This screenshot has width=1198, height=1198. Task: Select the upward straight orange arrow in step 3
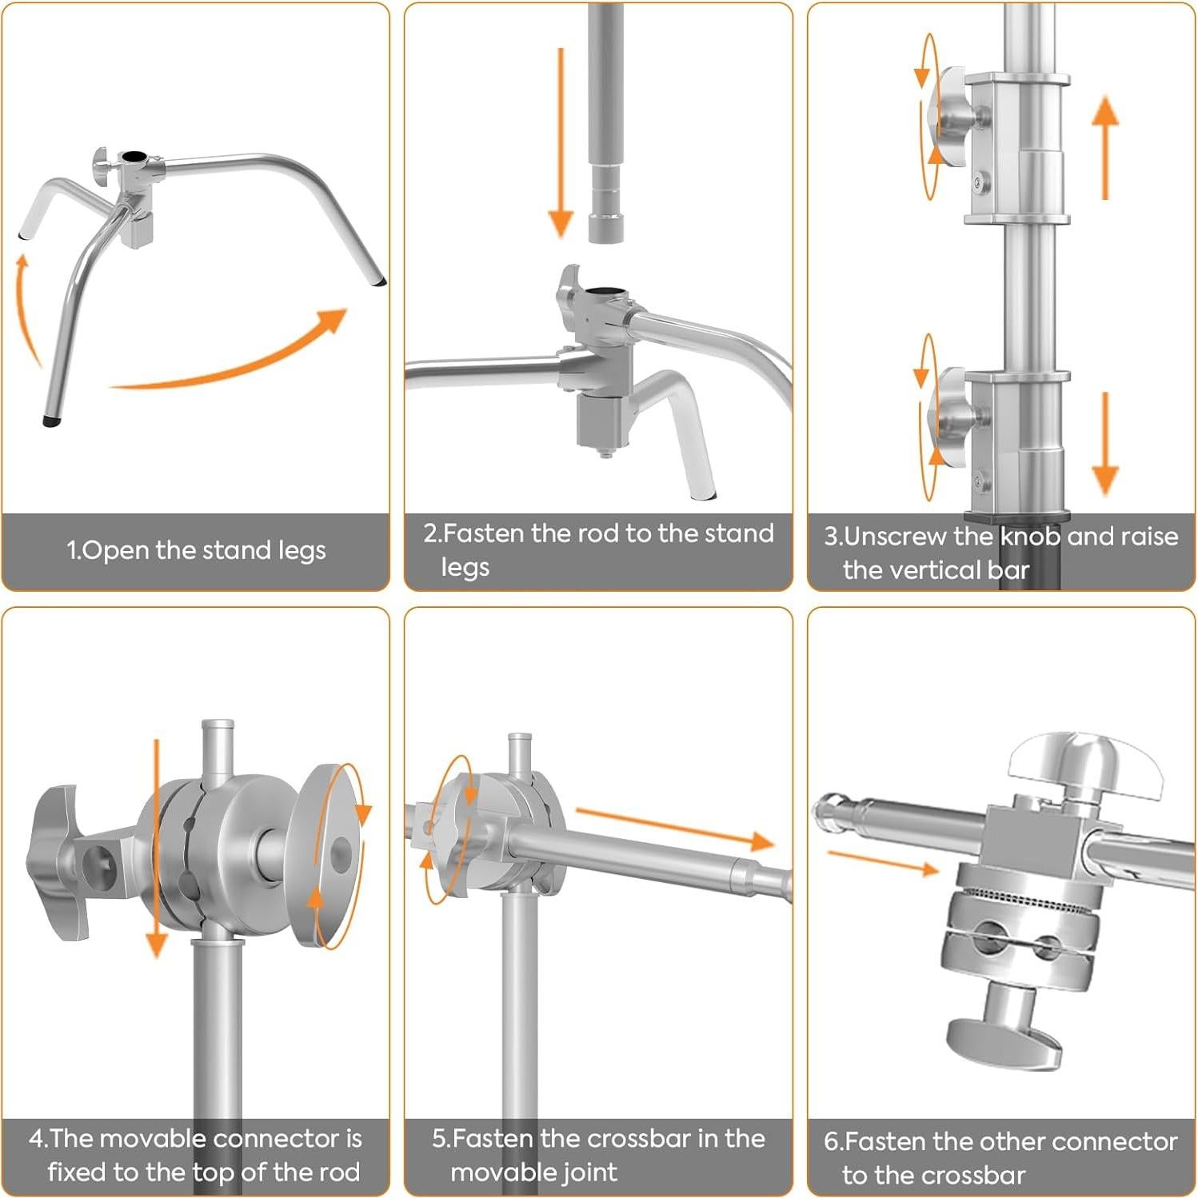point(1105,147)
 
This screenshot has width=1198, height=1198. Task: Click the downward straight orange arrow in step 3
point(1105,444)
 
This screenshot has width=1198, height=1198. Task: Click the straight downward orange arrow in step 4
point(157,848)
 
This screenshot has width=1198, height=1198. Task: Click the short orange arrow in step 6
point(883,863)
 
